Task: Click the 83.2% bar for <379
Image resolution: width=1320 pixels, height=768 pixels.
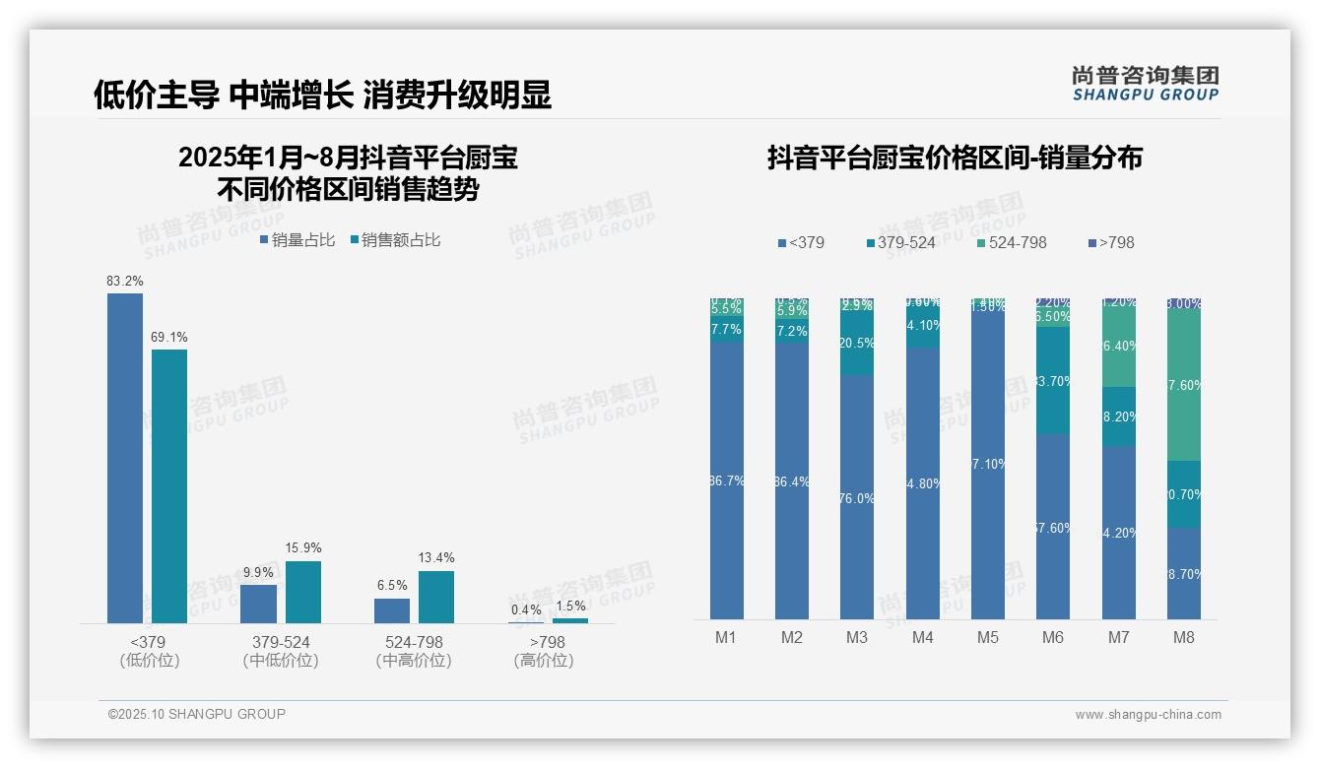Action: click(125, 458)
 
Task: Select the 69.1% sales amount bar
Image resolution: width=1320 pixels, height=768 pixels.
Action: click(169, 486)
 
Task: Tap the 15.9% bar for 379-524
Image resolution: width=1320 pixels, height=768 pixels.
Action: click(303, 592)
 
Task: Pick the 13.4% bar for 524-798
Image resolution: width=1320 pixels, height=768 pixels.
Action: click(436, 597)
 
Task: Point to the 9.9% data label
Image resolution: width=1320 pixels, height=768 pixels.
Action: click(258, 572)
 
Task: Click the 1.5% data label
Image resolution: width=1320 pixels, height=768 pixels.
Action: click(569, 606)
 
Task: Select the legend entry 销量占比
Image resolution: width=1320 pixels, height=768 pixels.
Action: click(297, 240)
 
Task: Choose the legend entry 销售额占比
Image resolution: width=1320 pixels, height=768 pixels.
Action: click(395, 240)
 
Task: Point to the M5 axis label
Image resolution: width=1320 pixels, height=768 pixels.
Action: click(987, 637)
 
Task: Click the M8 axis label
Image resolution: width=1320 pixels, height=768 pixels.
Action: click(1183, 637)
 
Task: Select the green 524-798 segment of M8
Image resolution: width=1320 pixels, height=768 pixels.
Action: click(1183, 385)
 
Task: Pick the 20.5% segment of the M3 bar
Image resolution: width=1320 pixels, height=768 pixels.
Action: click(857, 344)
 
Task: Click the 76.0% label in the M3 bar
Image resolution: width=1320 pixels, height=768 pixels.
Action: click(857, 498)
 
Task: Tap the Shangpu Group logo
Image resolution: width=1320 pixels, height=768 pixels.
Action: click(1146, 83)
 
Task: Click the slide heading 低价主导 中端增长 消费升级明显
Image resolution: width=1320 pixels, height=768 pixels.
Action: click(322, 95)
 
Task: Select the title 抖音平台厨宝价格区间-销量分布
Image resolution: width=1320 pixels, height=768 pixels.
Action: click(955, 158)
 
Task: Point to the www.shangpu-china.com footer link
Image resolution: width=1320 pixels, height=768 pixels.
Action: click(1148, 715)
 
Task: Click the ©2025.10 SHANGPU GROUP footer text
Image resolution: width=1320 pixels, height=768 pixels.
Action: click(197, 714)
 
